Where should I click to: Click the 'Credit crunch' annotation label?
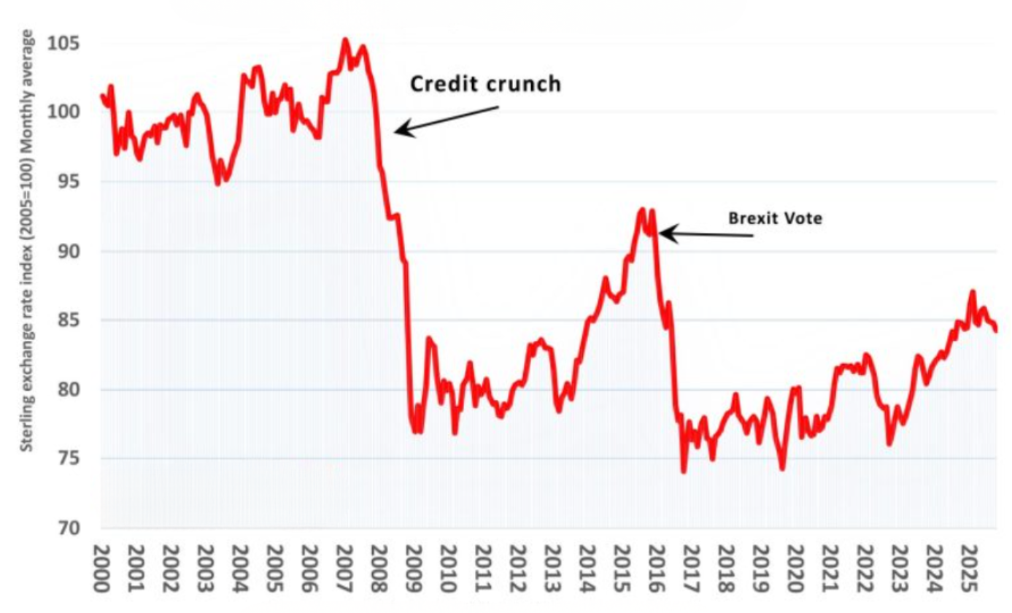coord(485,84)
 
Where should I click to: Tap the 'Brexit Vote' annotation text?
coord(775,218)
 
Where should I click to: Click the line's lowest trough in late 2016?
coord(684,471)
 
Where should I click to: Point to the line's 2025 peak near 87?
coord(972,292)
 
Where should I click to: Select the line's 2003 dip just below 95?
coord(217,183)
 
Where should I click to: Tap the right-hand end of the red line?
coord(996,331)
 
